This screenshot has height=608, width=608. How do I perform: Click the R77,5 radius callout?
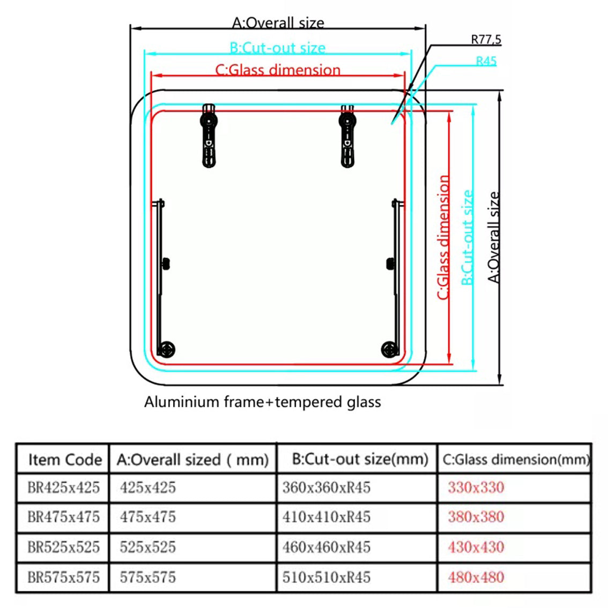(x=486, y=39)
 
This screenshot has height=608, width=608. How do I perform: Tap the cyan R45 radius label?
(x=486, y=61)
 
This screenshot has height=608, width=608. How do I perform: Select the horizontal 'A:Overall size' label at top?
(x=278, y=23)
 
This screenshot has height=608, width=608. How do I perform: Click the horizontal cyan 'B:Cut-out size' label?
(x=277, y=48)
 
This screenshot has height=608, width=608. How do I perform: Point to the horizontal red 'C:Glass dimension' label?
(x=278, y=70)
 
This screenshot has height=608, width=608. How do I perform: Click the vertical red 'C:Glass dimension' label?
(x=443, y=237)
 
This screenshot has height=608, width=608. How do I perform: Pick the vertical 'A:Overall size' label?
(x=494, y=237)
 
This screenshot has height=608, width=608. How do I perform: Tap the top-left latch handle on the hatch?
(x=209, y=136)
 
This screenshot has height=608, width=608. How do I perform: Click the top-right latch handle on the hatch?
(x=347, y=136)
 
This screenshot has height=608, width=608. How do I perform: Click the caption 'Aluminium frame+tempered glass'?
(x=262, y=402)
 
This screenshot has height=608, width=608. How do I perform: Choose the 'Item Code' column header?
(x=64, y=459)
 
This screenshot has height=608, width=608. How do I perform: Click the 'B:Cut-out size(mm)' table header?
(x=360, y=459)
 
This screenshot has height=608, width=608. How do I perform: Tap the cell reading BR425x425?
(x=63, y=487)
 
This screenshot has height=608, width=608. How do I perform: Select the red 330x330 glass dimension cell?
(x=476, y=487)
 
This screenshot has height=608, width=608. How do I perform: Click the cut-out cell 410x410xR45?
(x=326, y=517)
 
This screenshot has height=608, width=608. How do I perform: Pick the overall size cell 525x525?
(x=147, y=547)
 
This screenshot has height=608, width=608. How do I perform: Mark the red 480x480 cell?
(x=476, y=577)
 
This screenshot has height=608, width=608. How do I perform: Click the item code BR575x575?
(x=63, y=577)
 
